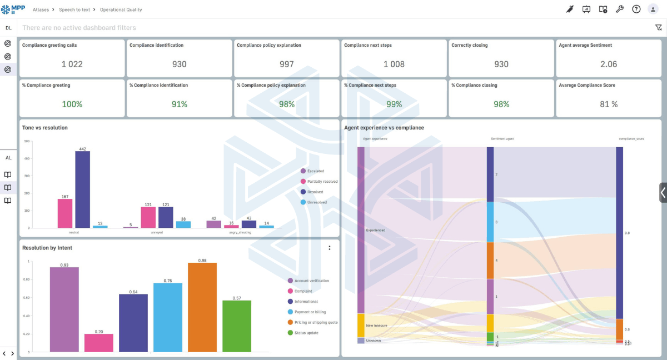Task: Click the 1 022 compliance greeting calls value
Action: pos(72,64)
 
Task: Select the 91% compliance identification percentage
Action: pos(179,104)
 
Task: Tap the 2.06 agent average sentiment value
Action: pos(609,64)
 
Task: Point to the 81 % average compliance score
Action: pos(609,104)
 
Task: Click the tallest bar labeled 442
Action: pos(83,189)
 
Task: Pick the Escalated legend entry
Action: pos(315,171)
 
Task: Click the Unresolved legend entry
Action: pos(317,202)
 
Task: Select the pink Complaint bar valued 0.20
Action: pos(99,343)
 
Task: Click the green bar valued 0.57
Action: pos(237,326)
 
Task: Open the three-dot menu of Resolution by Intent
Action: pos(330,248)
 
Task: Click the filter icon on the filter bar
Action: pos(659,28)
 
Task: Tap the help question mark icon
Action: pos(636,9)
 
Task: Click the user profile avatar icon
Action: pos(653,9)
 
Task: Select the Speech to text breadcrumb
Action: pos(74,10)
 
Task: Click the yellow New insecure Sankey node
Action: pos(361,326)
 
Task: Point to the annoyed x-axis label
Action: pos(157,232)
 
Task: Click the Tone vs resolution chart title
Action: pos(45,128)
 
